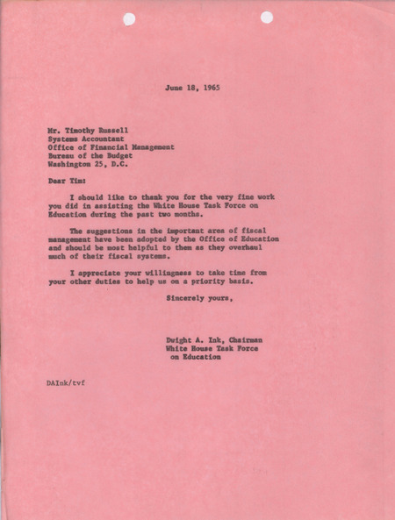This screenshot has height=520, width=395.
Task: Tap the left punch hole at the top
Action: [x=129, y=18]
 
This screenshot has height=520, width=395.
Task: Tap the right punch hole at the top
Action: [x=267, y=17]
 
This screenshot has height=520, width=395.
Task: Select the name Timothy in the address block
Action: [x=80, y=129]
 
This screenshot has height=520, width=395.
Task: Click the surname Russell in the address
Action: [x=120, y=129]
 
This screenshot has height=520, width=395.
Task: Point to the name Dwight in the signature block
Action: [x=180, y=339]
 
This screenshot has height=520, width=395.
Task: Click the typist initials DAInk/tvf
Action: [x=67, y=383]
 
